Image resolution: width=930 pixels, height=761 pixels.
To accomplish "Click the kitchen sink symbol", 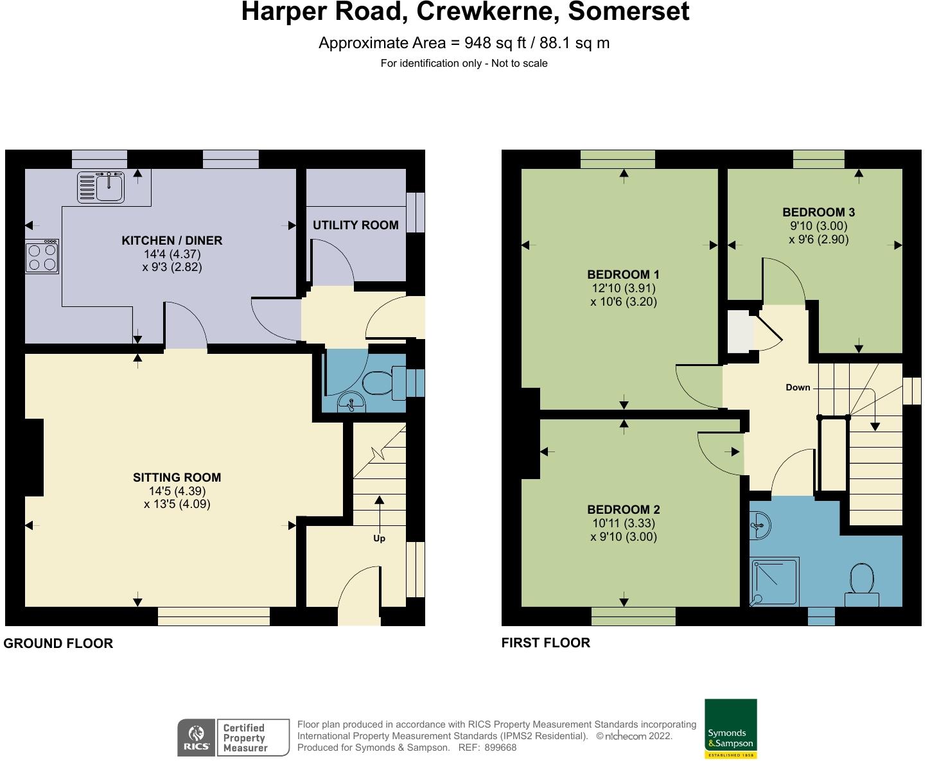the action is pyautogui.click(x=101, y=188).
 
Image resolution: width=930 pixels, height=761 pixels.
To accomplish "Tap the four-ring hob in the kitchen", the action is pyautogui.click(x=42, y=256).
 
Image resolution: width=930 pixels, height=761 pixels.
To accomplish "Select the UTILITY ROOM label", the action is pyautogui.click(x=355, y=225).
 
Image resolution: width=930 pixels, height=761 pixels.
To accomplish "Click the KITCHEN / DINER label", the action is pyautogui.click(x=172, y=240).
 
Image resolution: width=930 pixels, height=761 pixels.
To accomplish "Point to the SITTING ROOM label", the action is pyautogui.click(x=177, y=477).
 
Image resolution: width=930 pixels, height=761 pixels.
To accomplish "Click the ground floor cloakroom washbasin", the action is pyautogui.click(x=351, y=402).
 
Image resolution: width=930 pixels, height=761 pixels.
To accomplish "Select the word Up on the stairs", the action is pyautogui.click(x=379, y=538).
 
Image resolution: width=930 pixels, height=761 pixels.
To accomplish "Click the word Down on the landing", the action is pyautogui.click(x=798, y=387).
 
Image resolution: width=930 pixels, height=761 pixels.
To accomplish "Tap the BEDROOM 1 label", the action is pyautogui.click(x=623, y=274).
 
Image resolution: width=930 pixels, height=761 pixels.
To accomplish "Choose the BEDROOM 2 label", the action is pyautogui.click(x=624, y=509).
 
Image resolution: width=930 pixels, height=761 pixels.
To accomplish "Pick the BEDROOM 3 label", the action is pyautogui.click(x=818, y=212).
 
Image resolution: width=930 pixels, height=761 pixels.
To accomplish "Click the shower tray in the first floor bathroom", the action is pyautogui.click(x=775, y=582).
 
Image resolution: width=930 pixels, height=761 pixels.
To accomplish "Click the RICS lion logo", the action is pyautogui.click(x=197, y=737).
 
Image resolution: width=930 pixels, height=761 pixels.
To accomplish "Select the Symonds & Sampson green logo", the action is pyautogui.click(x=731, y=729).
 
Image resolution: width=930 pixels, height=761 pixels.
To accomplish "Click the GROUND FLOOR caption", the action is pyautogui.click(x=58, y=643).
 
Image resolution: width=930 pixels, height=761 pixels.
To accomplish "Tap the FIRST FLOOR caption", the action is pyautogui.click(x=545, y=643).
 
